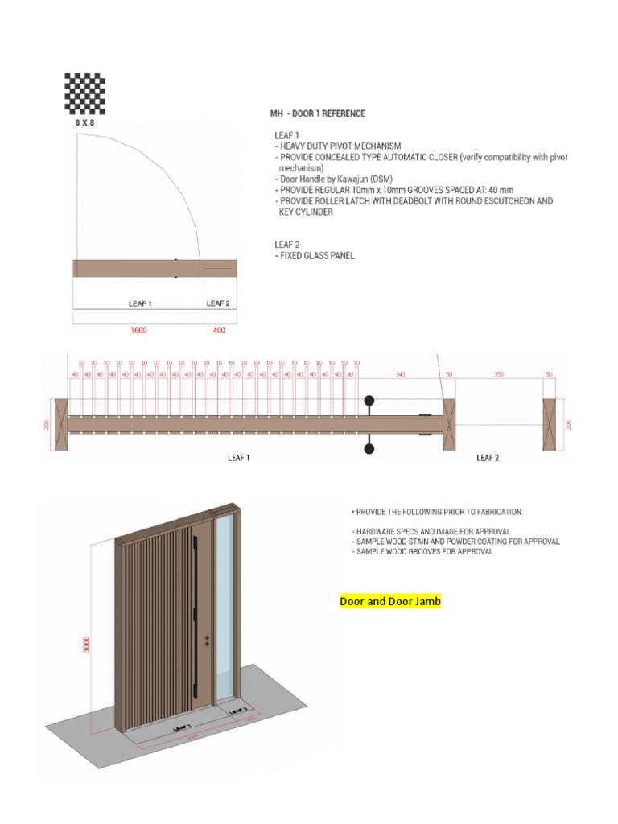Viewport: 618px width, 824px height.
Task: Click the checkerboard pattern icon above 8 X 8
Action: click(x=85, y=93)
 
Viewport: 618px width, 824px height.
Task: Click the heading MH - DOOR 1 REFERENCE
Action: click(x=317, y=113)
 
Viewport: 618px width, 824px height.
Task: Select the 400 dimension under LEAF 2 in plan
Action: click(x=219, y=330)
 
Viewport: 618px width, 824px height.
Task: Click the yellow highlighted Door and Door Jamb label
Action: click(x=390, y=601)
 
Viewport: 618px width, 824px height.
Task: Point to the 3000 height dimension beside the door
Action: click(x=87, y=643)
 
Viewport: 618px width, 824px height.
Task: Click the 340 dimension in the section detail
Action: click(x=400, y=374)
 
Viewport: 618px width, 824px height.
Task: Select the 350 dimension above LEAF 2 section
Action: click(x=499, y=374)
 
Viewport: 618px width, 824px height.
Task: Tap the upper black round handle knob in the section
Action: click(x=369, y=400)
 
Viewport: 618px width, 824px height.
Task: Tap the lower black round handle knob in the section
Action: click(x=369, y=448)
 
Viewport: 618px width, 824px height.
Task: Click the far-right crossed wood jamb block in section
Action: click(x=550, y=424)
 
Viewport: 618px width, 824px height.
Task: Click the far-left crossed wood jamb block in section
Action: click(x=61, y=424)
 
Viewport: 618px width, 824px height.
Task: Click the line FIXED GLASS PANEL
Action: click(x=317, y=256)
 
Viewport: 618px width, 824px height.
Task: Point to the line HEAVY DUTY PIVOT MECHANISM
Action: click(x=340, y=146)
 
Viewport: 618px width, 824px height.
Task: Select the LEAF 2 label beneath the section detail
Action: click(x=488, y=458)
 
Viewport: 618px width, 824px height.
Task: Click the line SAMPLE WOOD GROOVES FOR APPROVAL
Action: click(x=422, y=552)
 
